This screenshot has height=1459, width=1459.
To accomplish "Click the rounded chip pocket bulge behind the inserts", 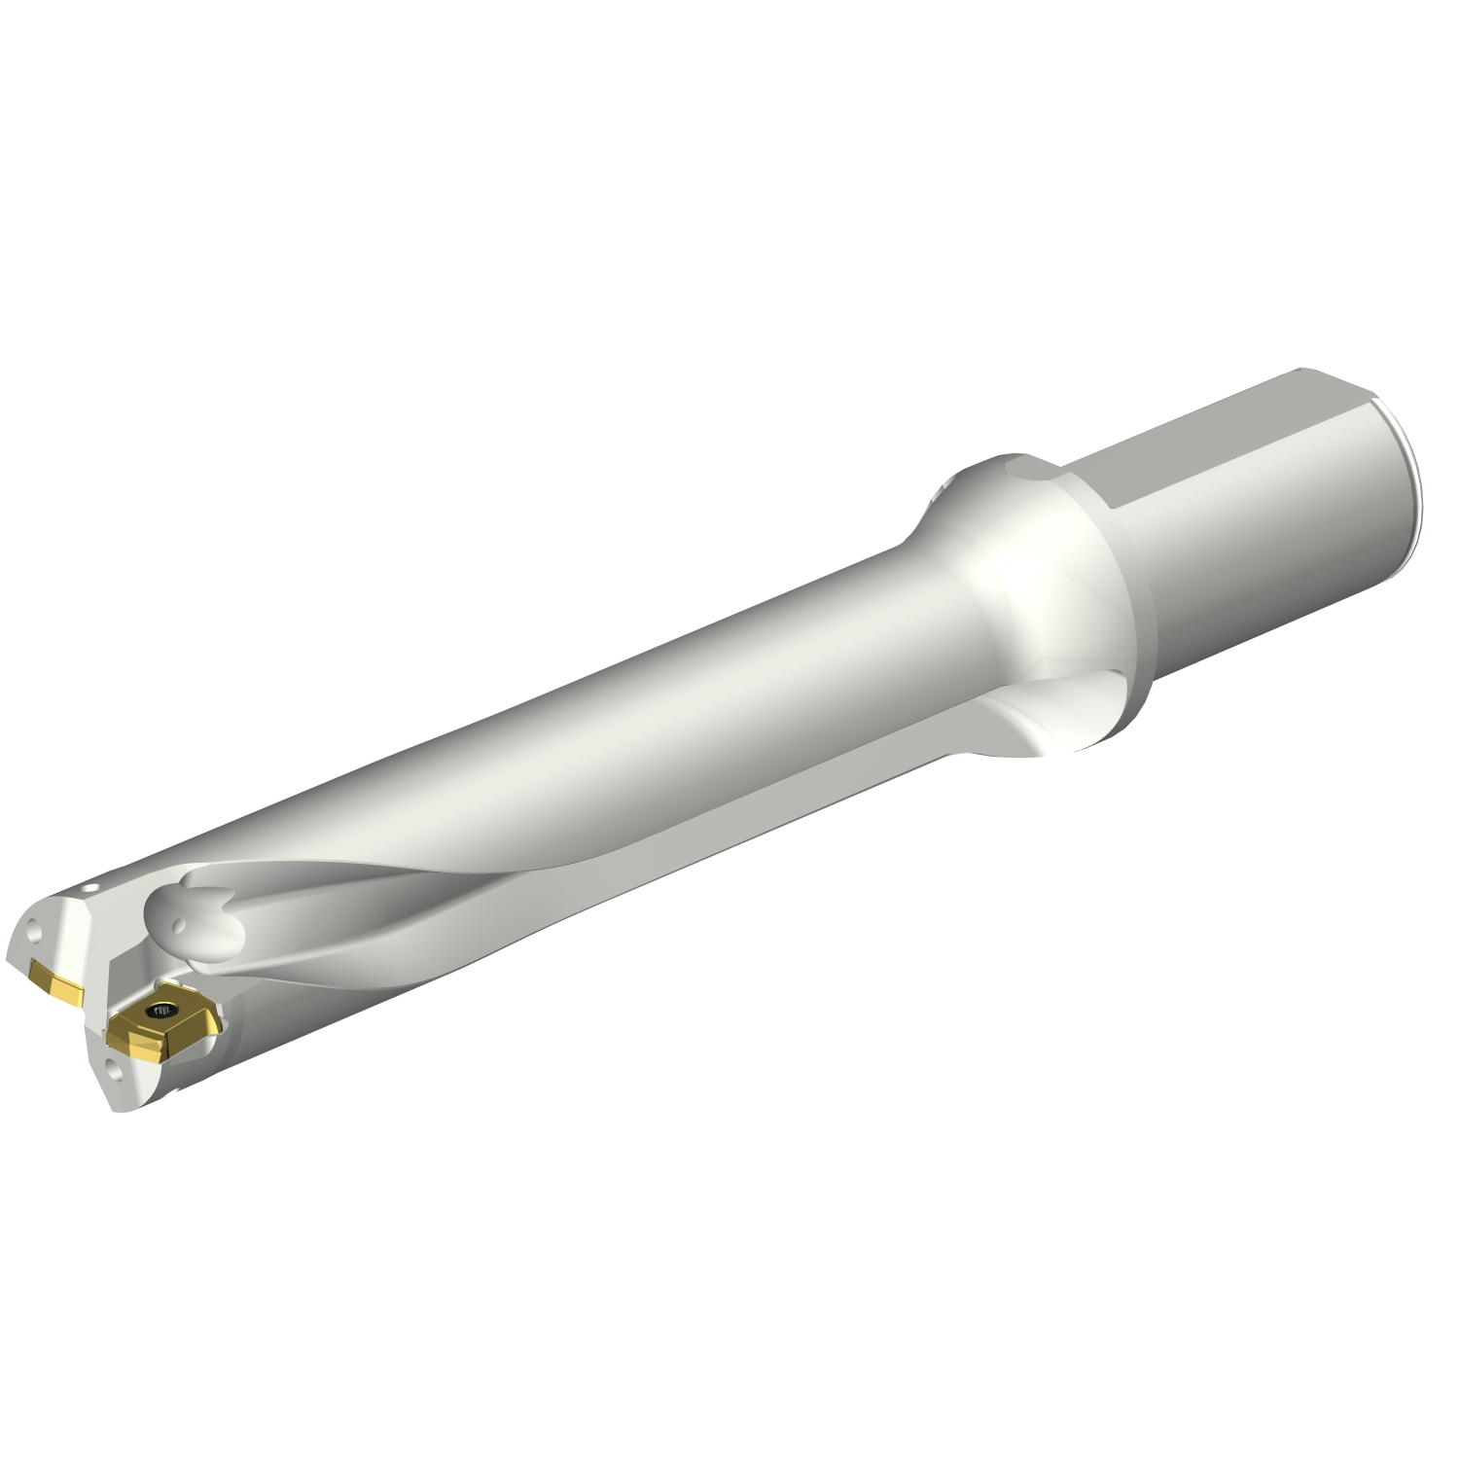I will click(195, 924).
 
